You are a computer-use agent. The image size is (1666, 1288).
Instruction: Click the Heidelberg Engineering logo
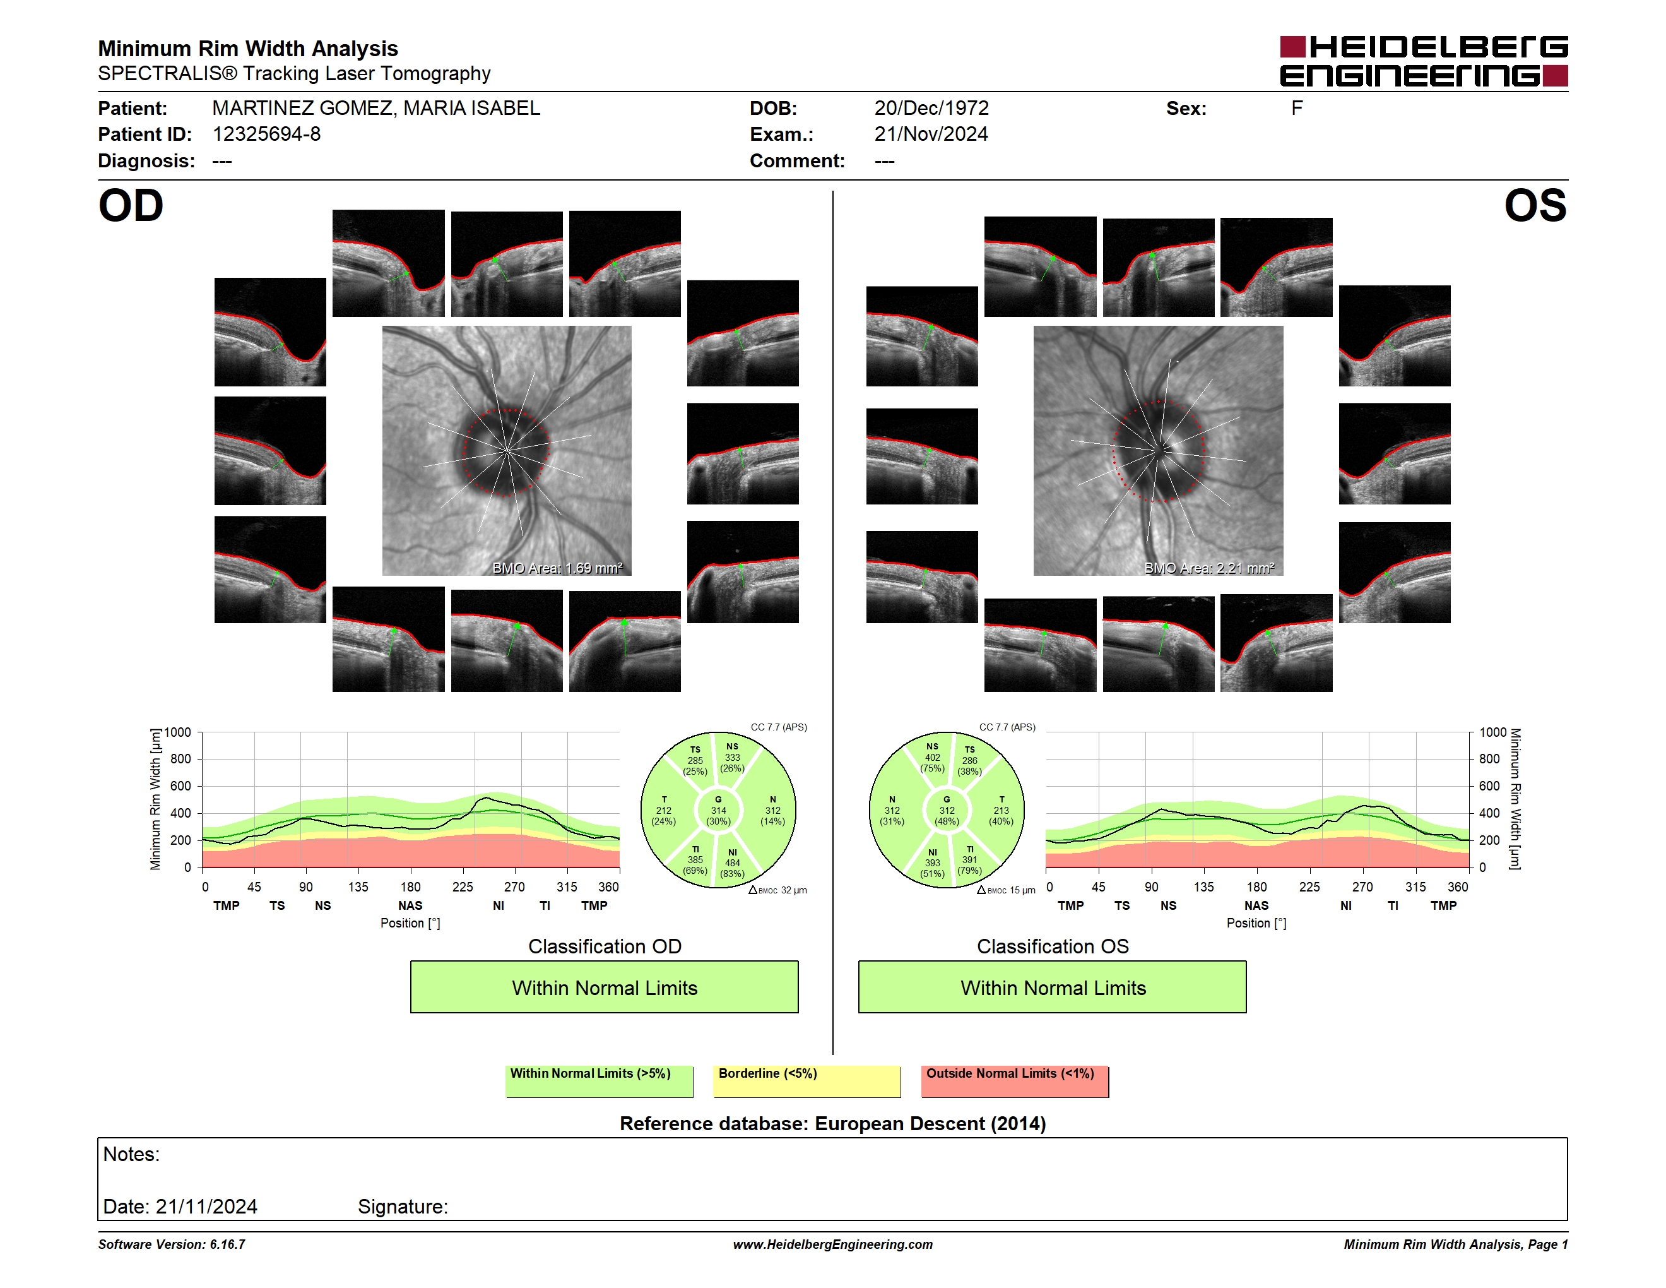point(1424,61)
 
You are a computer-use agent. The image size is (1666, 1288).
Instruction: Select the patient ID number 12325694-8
point(266,134)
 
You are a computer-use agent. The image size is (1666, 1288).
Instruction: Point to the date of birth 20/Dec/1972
point(931,109)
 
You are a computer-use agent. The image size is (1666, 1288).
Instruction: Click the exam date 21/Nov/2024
point(931,134)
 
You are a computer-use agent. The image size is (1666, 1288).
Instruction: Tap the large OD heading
point(131,206)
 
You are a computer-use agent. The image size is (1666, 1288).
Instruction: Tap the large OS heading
point(1535,206)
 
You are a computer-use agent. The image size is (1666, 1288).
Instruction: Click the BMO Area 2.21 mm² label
point(1209,568)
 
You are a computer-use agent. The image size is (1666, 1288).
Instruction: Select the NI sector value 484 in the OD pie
point(732,863)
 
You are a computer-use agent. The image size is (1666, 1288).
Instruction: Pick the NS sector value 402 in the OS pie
point(932,758)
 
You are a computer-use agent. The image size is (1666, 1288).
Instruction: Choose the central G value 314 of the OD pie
point(719,810)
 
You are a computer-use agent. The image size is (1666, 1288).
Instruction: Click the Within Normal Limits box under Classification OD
point(604,987)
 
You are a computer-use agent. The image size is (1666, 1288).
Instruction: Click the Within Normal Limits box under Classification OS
point(1053,987)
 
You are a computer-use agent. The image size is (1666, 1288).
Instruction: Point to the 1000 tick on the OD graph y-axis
point(178,732)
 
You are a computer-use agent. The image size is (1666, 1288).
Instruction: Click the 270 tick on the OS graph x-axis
point(1362,886)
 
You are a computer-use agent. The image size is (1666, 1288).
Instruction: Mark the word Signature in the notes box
point(402,1207)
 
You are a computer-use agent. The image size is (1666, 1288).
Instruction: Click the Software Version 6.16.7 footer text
point(172,1244)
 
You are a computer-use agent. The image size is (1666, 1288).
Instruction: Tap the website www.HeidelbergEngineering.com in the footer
point(833,1244)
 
